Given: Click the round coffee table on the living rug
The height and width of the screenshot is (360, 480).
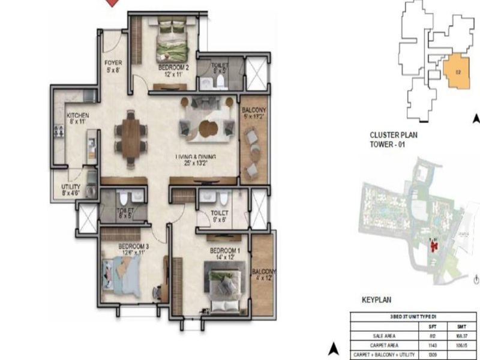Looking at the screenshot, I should point(209,128).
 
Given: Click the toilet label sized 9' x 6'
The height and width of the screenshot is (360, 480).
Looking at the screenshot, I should point(220,216).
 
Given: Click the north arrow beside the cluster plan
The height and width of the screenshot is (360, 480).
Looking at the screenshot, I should point(476,119).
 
